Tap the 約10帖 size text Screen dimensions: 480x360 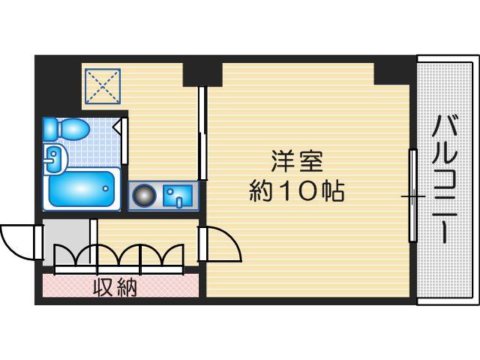click(297, 192)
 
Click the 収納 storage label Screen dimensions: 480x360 click(115, 288)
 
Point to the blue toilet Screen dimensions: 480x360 click(66, 128)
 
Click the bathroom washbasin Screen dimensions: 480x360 click(55, 158)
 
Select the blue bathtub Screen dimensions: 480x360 click(82, 189)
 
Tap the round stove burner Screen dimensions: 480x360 click(144, 196)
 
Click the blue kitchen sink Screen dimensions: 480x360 click(178, 195)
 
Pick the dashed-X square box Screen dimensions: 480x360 click(103, 86)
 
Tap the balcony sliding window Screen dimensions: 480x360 click(413, 195)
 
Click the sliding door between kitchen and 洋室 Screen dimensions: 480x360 click(202, 133)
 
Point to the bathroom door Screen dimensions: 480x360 click(121, 141)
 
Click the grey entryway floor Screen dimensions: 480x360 click(65, 242)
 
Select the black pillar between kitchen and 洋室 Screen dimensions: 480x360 click(202, 74)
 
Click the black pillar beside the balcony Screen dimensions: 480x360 click(392, 73)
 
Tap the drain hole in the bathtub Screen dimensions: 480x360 click(106, 189)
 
